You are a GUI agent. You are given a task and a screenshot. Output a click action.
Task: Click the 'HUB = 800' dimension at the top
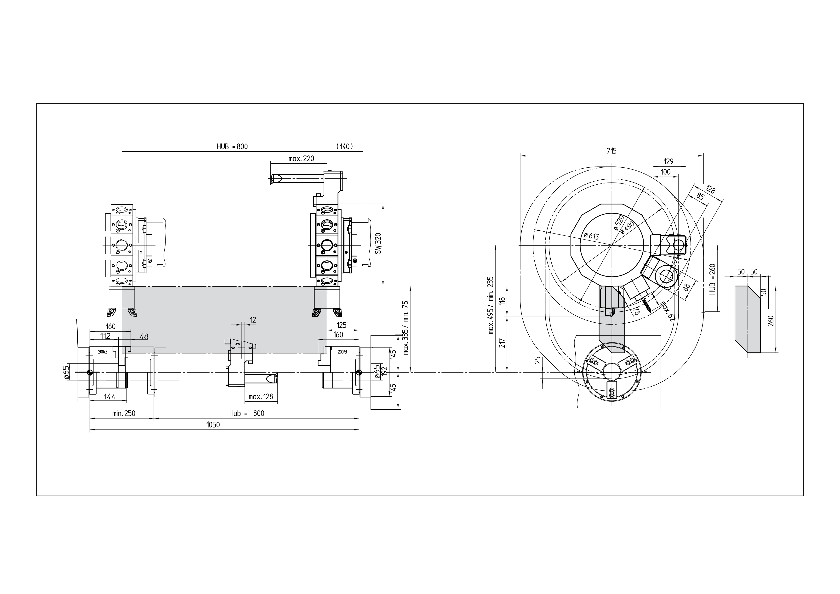pos(232,147)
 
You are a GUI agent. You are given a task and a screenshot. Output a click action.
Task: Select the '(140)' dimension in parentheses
pos(345,147)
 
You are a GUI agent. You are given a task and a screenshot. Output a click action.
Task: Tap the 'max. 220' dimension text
pos(301,159)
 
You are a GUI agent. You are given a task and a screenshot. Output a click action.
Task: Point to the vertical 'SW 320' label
pos(378,243)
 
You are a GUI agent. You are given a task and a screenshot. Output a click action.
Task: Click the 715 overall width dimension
pos(611,151)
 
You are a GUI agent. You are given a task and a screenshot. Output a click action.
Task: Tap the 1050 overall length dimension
pos(213,425)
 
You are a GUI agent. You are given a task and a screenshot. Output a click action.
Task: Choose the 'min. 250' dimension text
pos(124,413)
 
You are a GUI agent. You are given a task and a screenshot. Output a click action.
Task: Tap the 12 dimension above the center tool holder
pos(253,320)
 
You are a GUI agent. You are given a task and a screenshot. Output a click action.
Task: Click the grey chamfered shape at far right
pos(748,319)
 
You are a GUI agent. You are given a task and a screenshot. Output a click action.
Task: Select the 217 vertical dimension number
pos(502,343)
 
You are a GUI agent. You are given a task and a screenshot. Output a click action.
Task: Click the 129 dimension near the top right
pos(669,161)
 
